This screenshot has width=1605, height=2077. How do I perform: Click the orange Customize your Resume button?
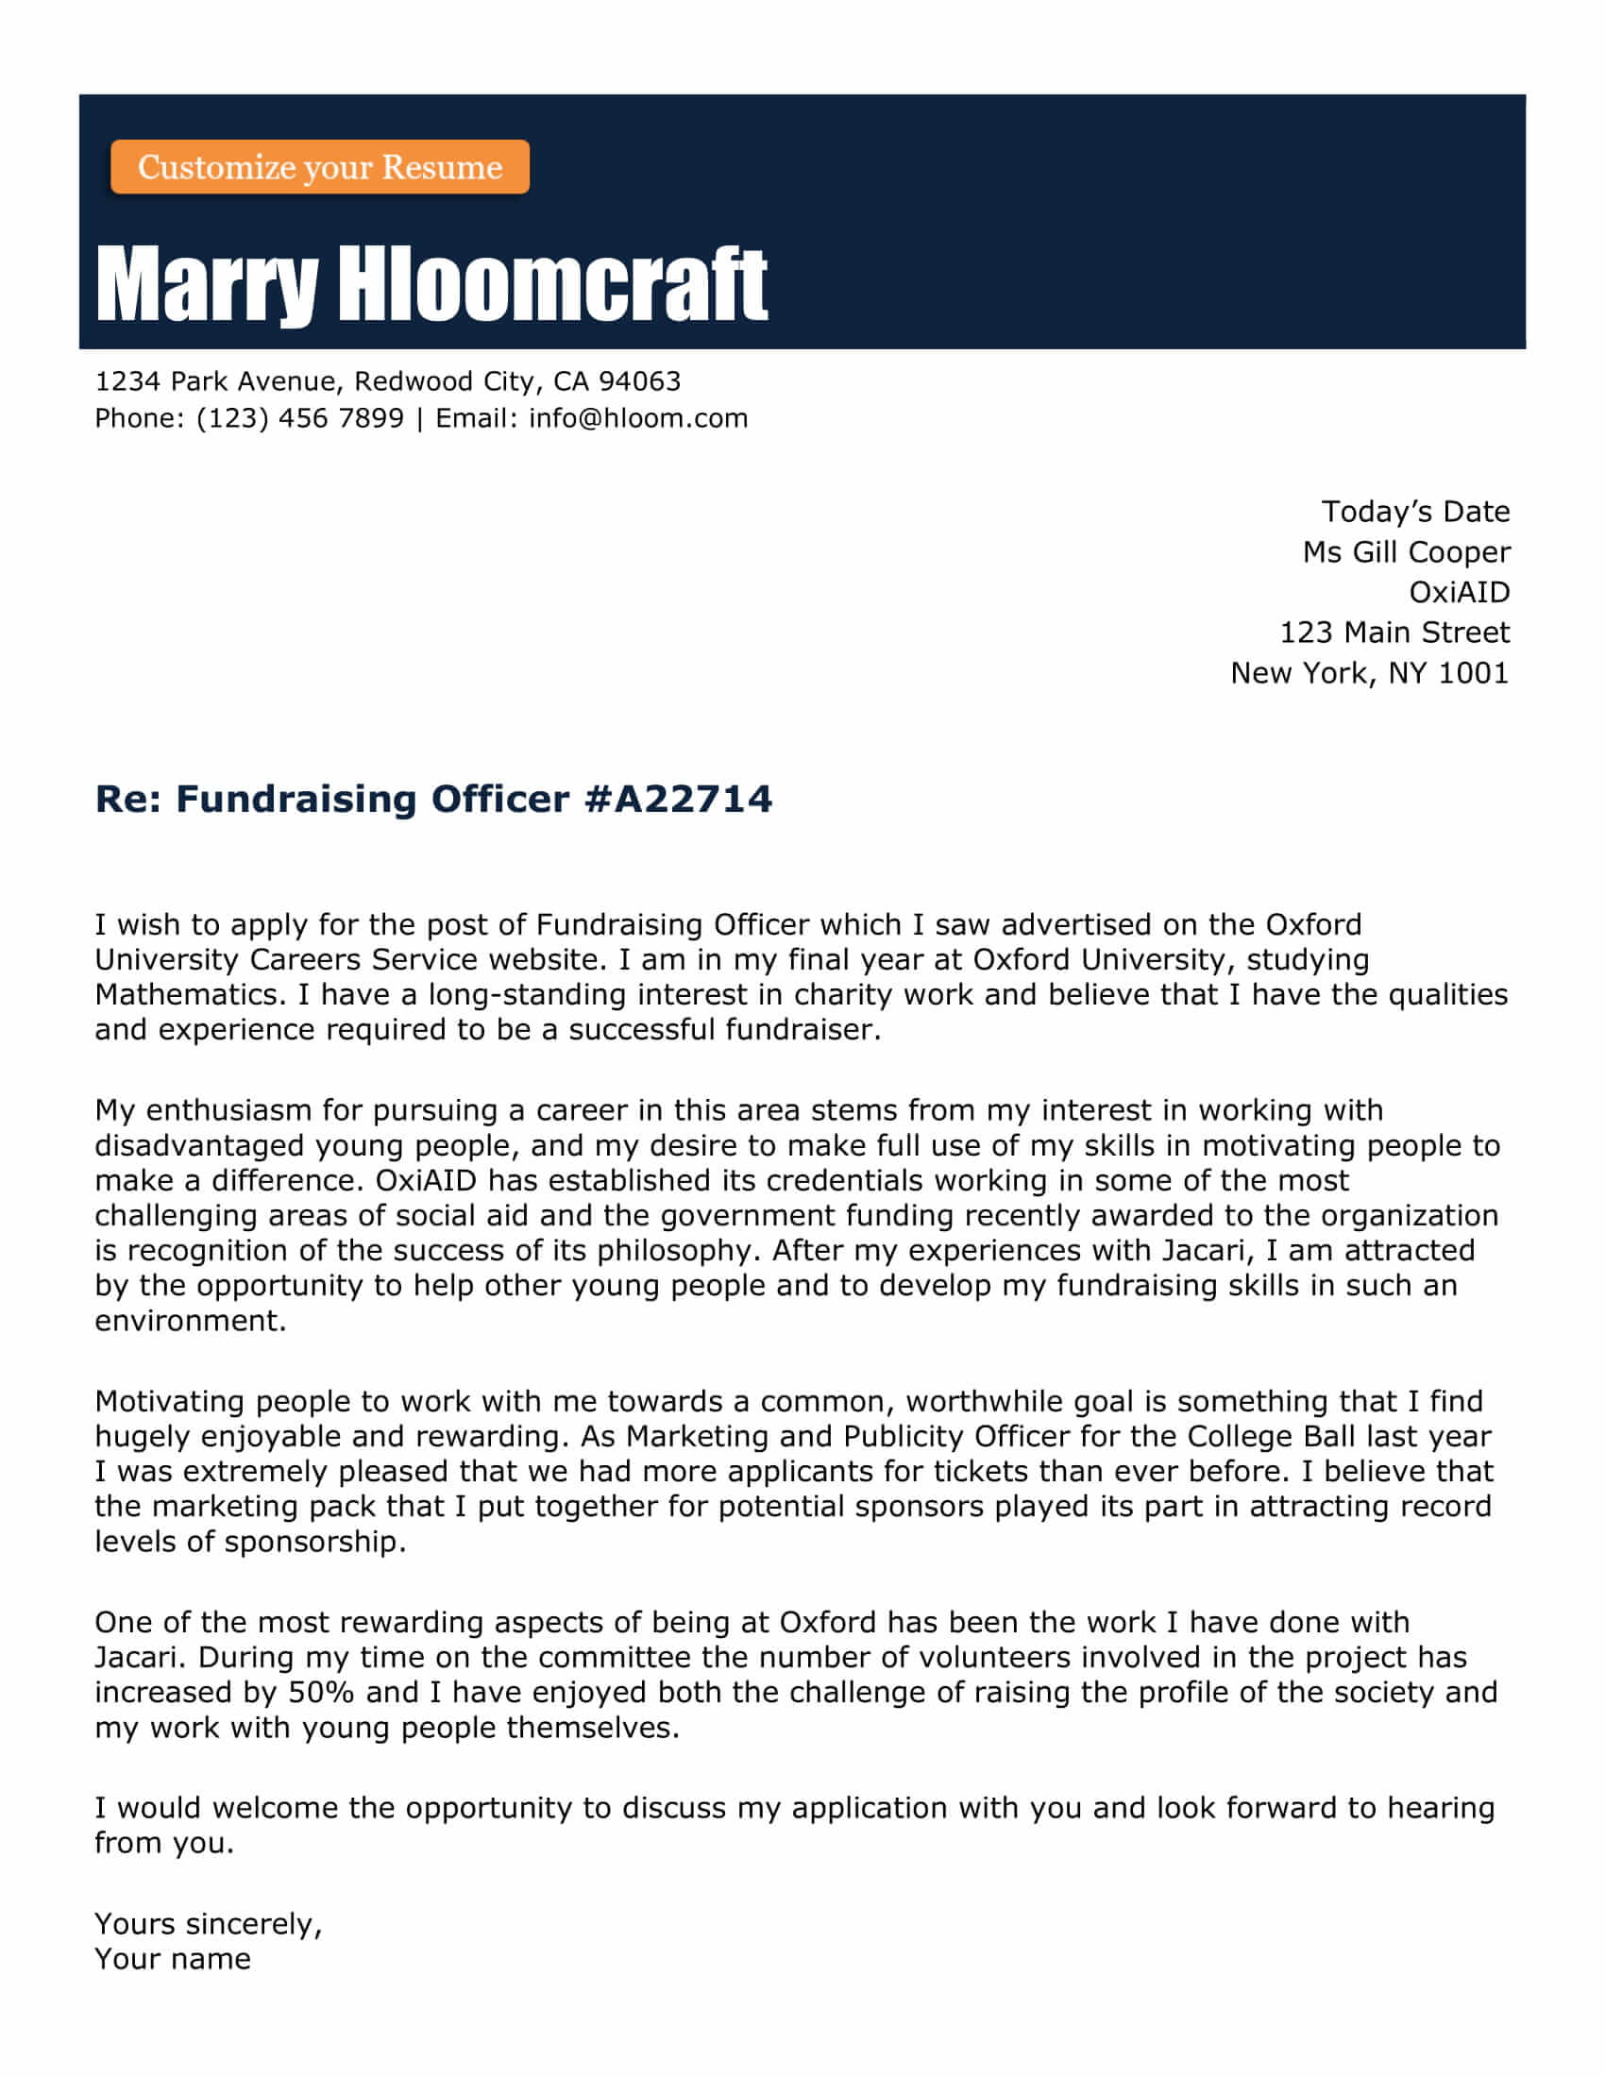(319, 167)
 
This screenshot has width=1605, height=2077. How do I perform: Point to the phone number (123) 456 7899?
(299, 418)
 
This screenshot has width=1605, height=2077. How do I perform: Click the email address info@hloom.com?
(638, 418)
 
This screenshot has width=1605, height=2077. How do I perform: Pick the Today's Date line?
(1415, 512)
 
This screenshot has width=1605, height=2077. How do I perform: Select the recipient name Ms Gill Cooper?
(1406, 552)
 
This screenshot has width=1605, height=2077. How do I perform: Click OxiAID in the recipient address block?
(1459, 593)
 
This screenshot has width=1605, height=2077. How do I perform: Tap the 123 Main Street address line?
(1394, 633)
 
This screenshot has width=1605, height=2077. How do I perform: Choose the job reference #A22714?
(678, 799)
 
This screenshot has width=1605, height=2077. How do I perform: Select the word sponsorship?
(314, 1542)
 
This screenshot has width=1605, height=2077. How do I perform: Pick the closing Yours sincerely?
(209, 1924)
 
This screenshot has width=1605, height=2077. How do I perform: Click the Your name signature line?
(172, 1959)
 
